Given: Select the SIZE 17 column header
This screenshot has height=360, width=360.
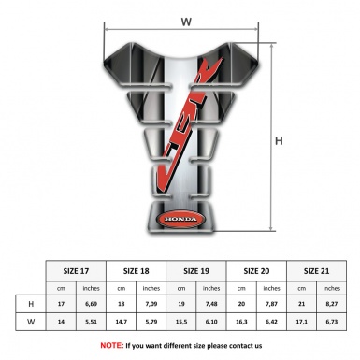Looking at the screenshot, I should [x=77, y=271].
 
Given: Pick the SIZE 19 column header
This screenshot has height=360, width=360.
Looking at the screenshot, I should [x=197, y=271].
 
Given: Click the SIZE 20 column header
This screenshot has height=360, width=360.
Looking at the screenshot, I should [x=257, y=271].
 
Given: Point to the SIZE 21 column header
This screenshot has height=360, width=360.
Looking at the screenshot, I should [x=317, y=271].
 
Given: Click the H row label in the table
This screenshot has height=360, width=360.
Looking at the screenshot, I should [x=32, y=304].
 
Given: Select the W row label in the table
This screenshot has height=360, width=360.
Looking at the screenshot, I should [x=32, y=322].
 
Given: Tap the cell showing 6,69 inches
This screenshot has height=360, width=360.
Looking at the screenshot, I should [x=92, y=304].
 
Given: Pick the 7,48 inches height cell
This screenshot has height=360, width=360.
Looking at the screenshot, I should [x=212, y=304].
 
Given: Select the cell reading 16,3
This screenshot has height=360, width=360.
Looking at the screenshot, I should [x=242, y=322].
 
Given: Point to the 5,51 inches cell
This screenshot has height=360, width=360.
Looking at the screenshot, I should [x=92, y=322].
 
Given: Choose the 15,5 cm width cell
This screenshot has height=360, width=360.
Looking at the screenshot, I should [x=182, y=322].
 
